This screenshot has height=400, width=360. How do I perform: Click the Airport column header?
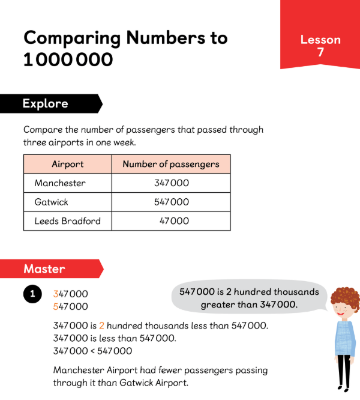(x=67, y=164)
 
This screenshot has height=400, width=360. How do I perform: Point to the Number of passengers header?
(x=171, y=164)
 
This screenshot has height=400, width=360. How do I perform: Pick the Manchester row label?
(x=60, y=183)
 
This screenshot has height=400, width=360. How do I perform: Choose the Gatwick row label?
(x=51, y=202)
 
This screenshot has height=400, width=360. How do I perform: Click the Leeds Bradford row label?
(x=67, y=221)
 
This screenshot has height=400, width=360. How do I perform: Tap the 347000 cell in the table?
(x=172, y=183)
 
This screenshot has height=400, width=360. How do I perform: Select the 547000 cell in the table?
(x=172, y=202)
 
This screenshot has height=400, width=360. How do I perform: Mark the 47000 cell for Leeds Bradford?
(x=174, y=221)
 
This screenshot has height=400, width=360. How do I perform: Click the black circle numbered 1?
(x=32, y=294)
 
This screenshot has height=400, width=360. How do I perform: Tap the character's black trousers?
(x=343, y=372)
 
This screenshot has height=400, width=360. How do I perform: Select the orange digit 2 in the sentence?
(x=101, y=326)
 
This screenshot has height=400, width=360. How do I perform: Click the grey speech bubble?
(x=249, y=298)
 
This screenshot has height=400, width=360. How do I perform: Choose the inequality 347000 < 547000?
(x=92, y=351)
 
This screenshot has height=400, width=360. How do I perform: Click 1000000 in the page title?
(x=67, y=60)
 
